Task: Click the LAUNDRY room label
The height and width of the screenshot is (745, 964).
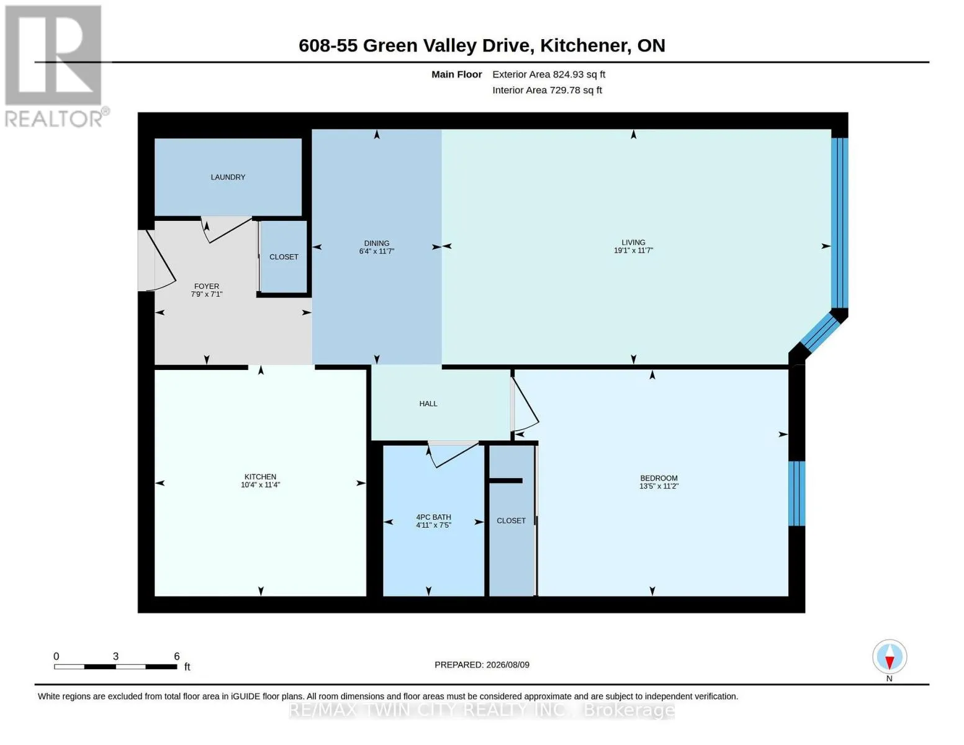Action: tap(228, 177)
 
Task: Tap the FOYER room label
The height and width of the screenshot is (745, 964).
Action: tap(206, 286)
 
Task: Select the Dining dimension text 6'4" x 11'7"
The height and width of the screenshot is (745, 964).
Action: tap(377, 251)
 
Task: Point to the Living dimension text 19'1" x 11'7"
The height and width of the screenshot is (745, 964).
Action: tap(633, 250)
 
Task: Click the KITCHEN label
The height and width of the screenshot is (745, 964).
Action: tap(260, 477)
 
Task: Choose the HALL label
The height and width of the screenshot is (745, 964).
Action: tap(428, 404)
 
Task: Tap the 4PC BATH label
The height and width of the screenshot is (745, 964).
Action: tap(433, 517)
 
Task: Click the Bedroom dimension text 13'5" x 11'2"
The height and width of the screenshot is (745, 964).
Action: tap(659, 486)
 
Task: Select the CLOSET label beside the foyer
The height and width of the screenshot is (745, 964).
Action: tap(284, 257)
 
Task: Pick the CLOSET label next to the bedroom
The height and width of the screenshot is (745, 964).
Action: tap(511, 520)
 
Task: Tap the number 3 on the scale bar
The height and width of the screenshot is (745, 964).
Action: tap(115, 656)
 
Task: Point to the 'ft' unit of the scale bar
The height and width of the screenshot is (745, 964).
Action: tap(187, 667)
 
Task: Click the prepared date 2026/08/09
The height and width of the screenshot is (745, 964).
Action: tap(508, 665)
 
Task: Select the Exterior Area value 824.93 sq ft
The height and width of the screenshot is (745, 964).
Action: tap(579, 74)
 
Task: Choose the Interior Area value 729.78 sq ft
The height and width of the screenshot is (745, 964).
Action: tap(576, 90)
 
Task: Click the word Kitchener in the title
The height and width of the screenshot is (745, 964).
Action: tap(585, 45)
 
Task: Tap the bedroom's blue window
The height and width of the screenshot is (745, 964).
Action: tap(796, 494)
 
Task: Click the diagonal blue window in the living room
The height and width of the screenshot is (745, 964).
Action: tap(819, 333)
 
